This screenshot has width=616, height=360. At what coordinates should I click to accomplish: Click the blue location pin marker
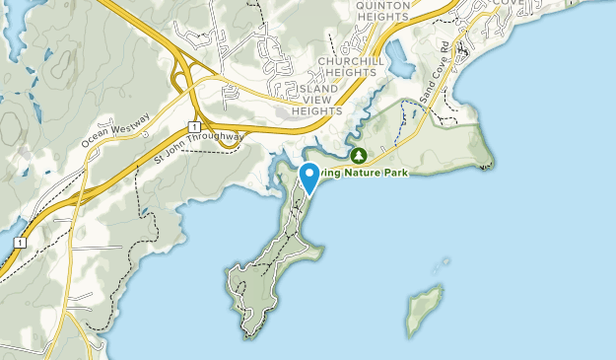point(308,178)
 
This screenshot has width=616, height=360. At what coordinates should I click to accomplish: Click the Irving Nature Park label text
point(394,171)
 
